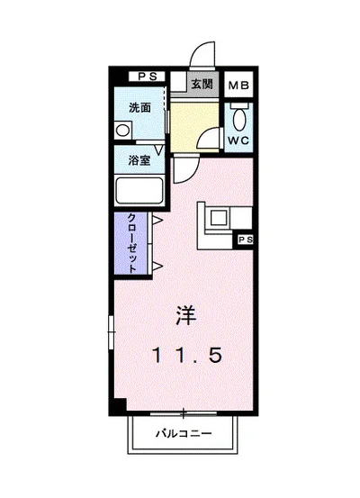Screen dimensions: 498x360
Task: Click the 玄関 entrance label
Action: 202,85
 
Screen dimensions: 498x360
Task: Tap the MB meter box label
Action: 238,86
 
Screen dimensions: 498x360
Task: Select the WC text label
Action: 237,141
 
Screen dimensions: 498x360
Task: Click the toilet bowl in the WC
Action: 238,117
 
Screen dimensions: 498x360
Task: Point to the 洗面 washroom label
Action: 139,107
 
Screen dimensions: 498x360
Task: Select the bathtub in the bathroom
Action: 139,191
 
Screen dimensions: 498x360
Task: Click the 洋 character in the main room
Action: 185,316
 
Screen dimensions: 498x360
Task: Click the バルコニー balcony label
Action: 184,433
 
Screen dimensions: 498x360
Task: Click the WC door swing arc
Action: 210,138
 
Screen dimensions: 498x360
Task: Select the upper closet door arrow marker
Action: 157,220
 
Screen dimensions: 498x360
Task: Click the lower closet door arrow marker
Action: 157,265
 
